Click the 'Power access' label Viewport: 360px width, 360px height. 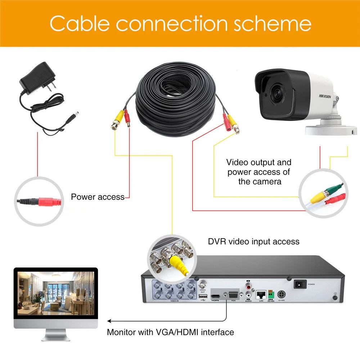click(97, 197)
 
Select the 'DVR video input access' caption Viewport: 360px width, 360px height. click(253, 241)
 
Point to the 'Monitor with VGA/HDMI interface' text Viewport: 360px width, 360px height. click(170, 332)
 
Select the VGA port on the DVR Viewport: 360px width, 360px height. click(233, 294)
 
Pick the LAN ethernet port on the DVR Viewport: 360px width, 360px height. click(261, 294)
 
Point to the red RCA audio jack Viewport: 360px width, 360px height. click(248, 287)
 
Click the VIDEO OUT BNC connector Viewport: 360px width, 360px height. click(202, 283)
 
